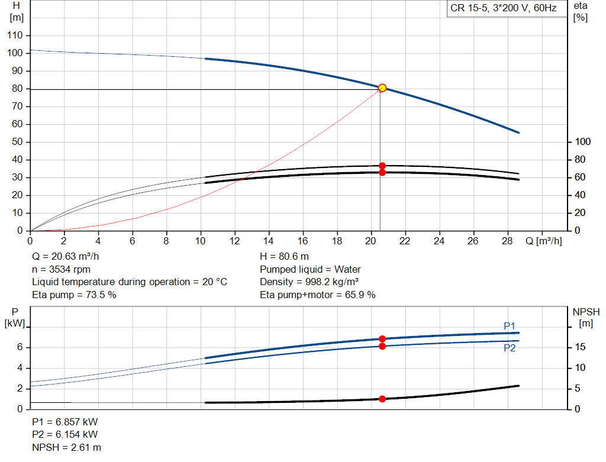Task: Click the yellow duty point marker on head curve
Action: tap(382, 88)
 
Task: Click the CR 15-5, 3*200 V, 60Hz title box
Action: tap(503, 9)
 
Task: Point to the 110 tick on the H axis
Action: tap(16, 35)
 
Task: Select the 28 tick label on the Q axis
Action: tap(507, 241)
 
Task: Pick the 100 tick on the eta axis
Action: tap(584, 142)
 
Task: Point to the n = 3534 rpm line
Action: tap(62, 269)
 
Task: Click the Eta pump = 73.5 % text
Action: tap(74, 294)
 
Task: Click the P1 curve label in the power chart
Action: tap(510, 326)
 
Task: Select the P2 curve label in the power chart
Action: tap(510, 348)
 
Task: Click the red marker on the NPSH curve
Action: tap(382, 399)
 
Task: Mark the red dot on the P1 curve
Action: tap(382, 339)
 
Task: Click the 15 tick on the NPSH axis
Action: tap(581, 347)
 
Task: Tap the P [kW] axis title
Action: tap(15, 317)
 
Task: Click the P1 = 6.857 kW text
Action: tap(65, 422)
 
